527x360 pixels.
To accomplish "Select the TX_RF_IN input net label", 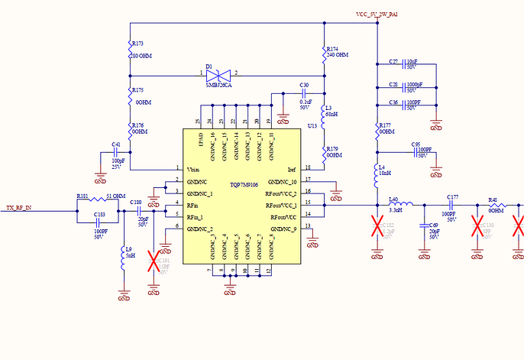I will (21, 208).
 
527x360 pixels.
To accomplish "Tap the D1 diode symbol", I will (219, 75).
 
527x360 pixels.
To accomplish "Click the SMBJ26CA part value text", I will (219, 86).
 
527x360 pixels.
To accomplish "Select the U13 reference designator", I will (312, 125).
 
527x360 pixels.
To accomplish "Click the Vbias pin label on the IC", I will (195, 169).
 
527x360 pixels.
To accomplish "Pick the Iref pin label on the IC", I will (291, 169).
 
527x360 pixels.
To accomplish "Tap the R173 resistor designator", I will (137, 44).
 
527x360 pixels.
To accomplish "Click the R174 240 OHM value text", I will (338, 56).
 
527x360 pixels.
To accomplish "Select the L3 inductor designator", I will (329, 109).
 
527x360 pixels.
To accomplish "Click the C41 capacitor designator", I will (117, 144).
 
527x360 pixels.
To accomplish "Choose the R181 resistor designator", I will (82, 196).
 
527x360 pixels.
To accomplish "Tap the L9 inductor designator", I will (130, 249).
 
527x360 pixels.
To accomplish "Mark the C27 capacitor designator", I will (393, 61).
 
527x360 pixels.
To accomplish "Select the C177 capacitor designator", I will (453, 198).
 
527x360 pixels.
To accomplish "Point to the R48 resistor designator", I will (493, 200).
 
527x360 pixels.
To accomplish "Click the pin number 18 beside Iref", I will (307, 168).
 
